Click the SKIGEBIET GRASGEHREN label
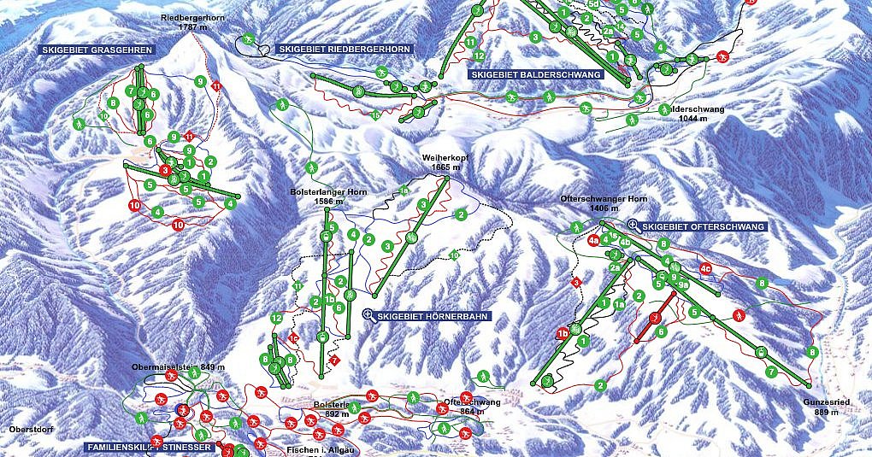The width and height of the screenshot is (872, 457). click(97, 50)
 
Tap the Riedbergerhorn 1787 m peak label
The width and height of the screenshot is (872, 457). click(190, 22)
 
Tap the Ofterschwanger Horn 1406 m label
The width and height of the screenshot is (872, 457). click(603, 203)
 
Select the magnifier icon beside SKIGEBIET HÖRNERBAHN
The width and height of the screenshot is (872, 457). click(368, 315)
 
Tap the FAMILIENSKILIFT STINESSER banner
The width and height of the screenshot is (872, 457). click(147, 447)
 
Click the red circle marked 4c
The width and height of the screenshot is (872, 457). click(705, 268)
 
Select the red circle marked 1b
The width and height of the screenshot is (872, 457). click(563, 334)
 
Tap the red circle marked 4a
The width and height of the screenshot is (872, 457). click(593, 241)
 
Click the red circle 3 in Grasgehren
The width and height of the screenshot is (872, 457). click(165, 170)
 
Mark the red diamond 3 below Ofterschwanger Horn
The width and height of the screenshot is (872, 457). click(576, 282)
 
